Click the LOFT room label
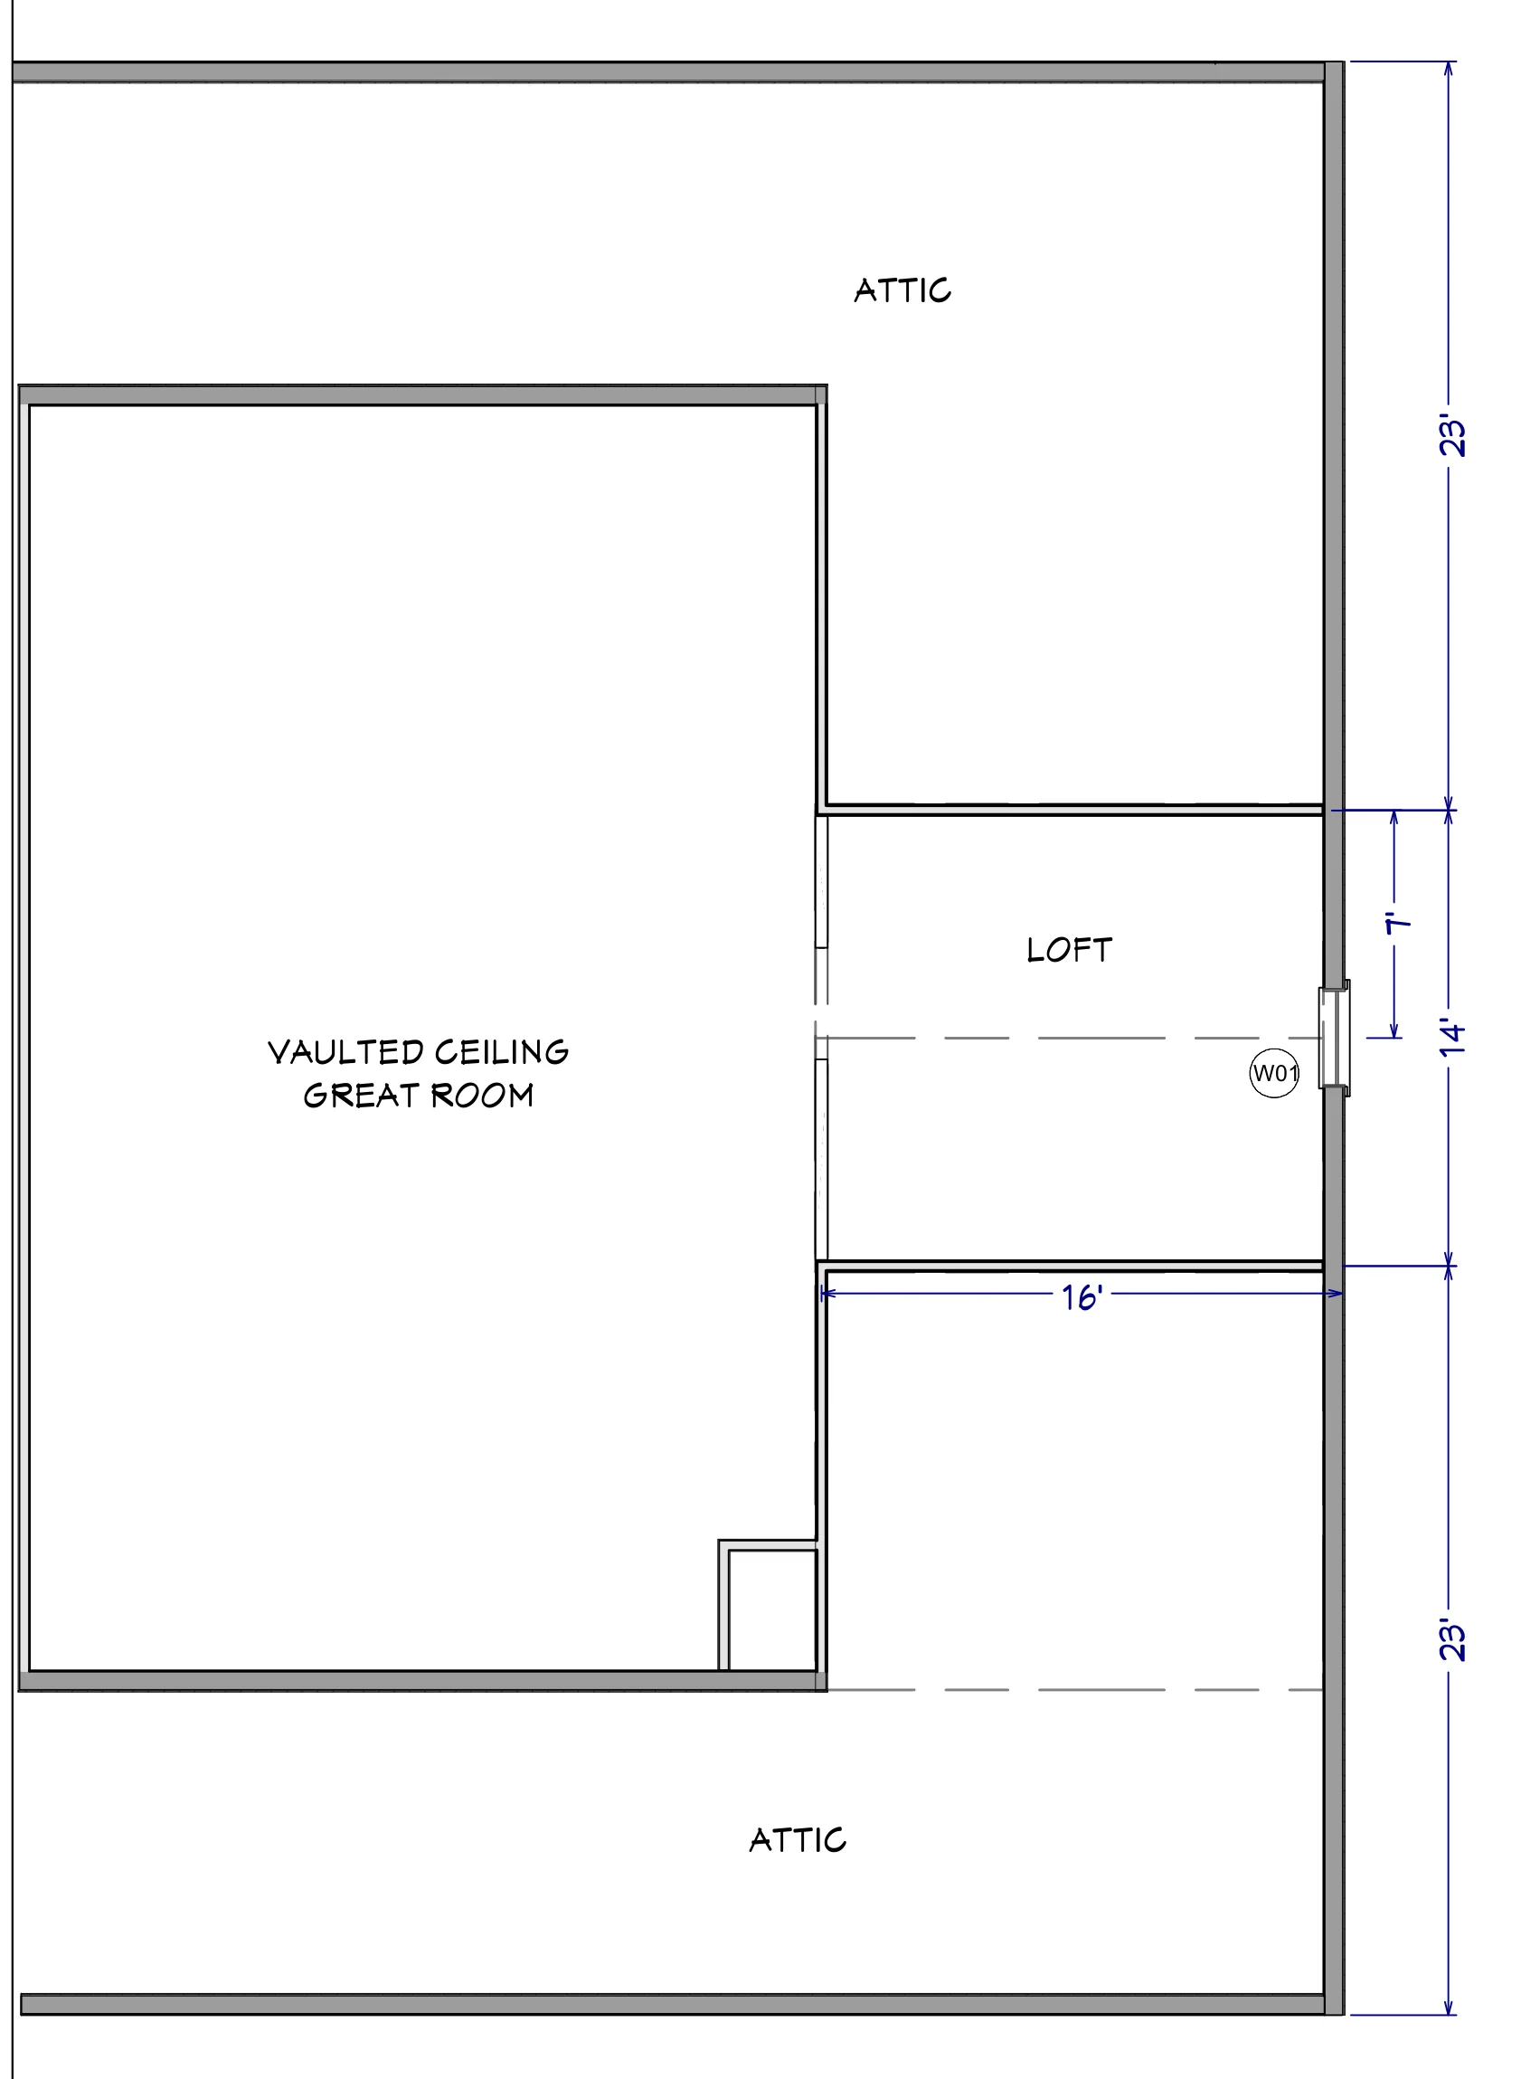[x=1069, y=950]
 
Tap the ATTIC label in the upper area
[x=902, y=290]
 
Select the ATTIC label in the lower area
[x=798, y=1839]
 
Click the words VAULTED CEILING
[x=418, y=1052]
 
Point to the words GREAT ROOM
[x=418, y=1096]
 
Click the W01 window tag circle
[x=1274, y=1073]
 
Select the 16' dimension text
[x=1082, y=1298]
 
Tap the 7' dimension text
[x=1399, y=923]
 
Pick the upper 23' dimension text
[x=1452, y=437]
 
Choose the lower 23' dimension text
[x=1452, y=1639]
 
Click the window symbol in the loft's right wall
[x=1334, y=1038]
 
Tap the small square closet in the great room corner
[x=768, y=1605]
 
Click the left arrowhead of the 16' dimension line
[x=826, y=1294]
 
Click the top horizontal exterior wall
[x=669, y=72]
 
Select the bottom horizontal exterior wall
[x=673, y=2005]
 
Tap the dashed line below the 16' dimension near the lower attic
[x=1075, y=1690]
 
